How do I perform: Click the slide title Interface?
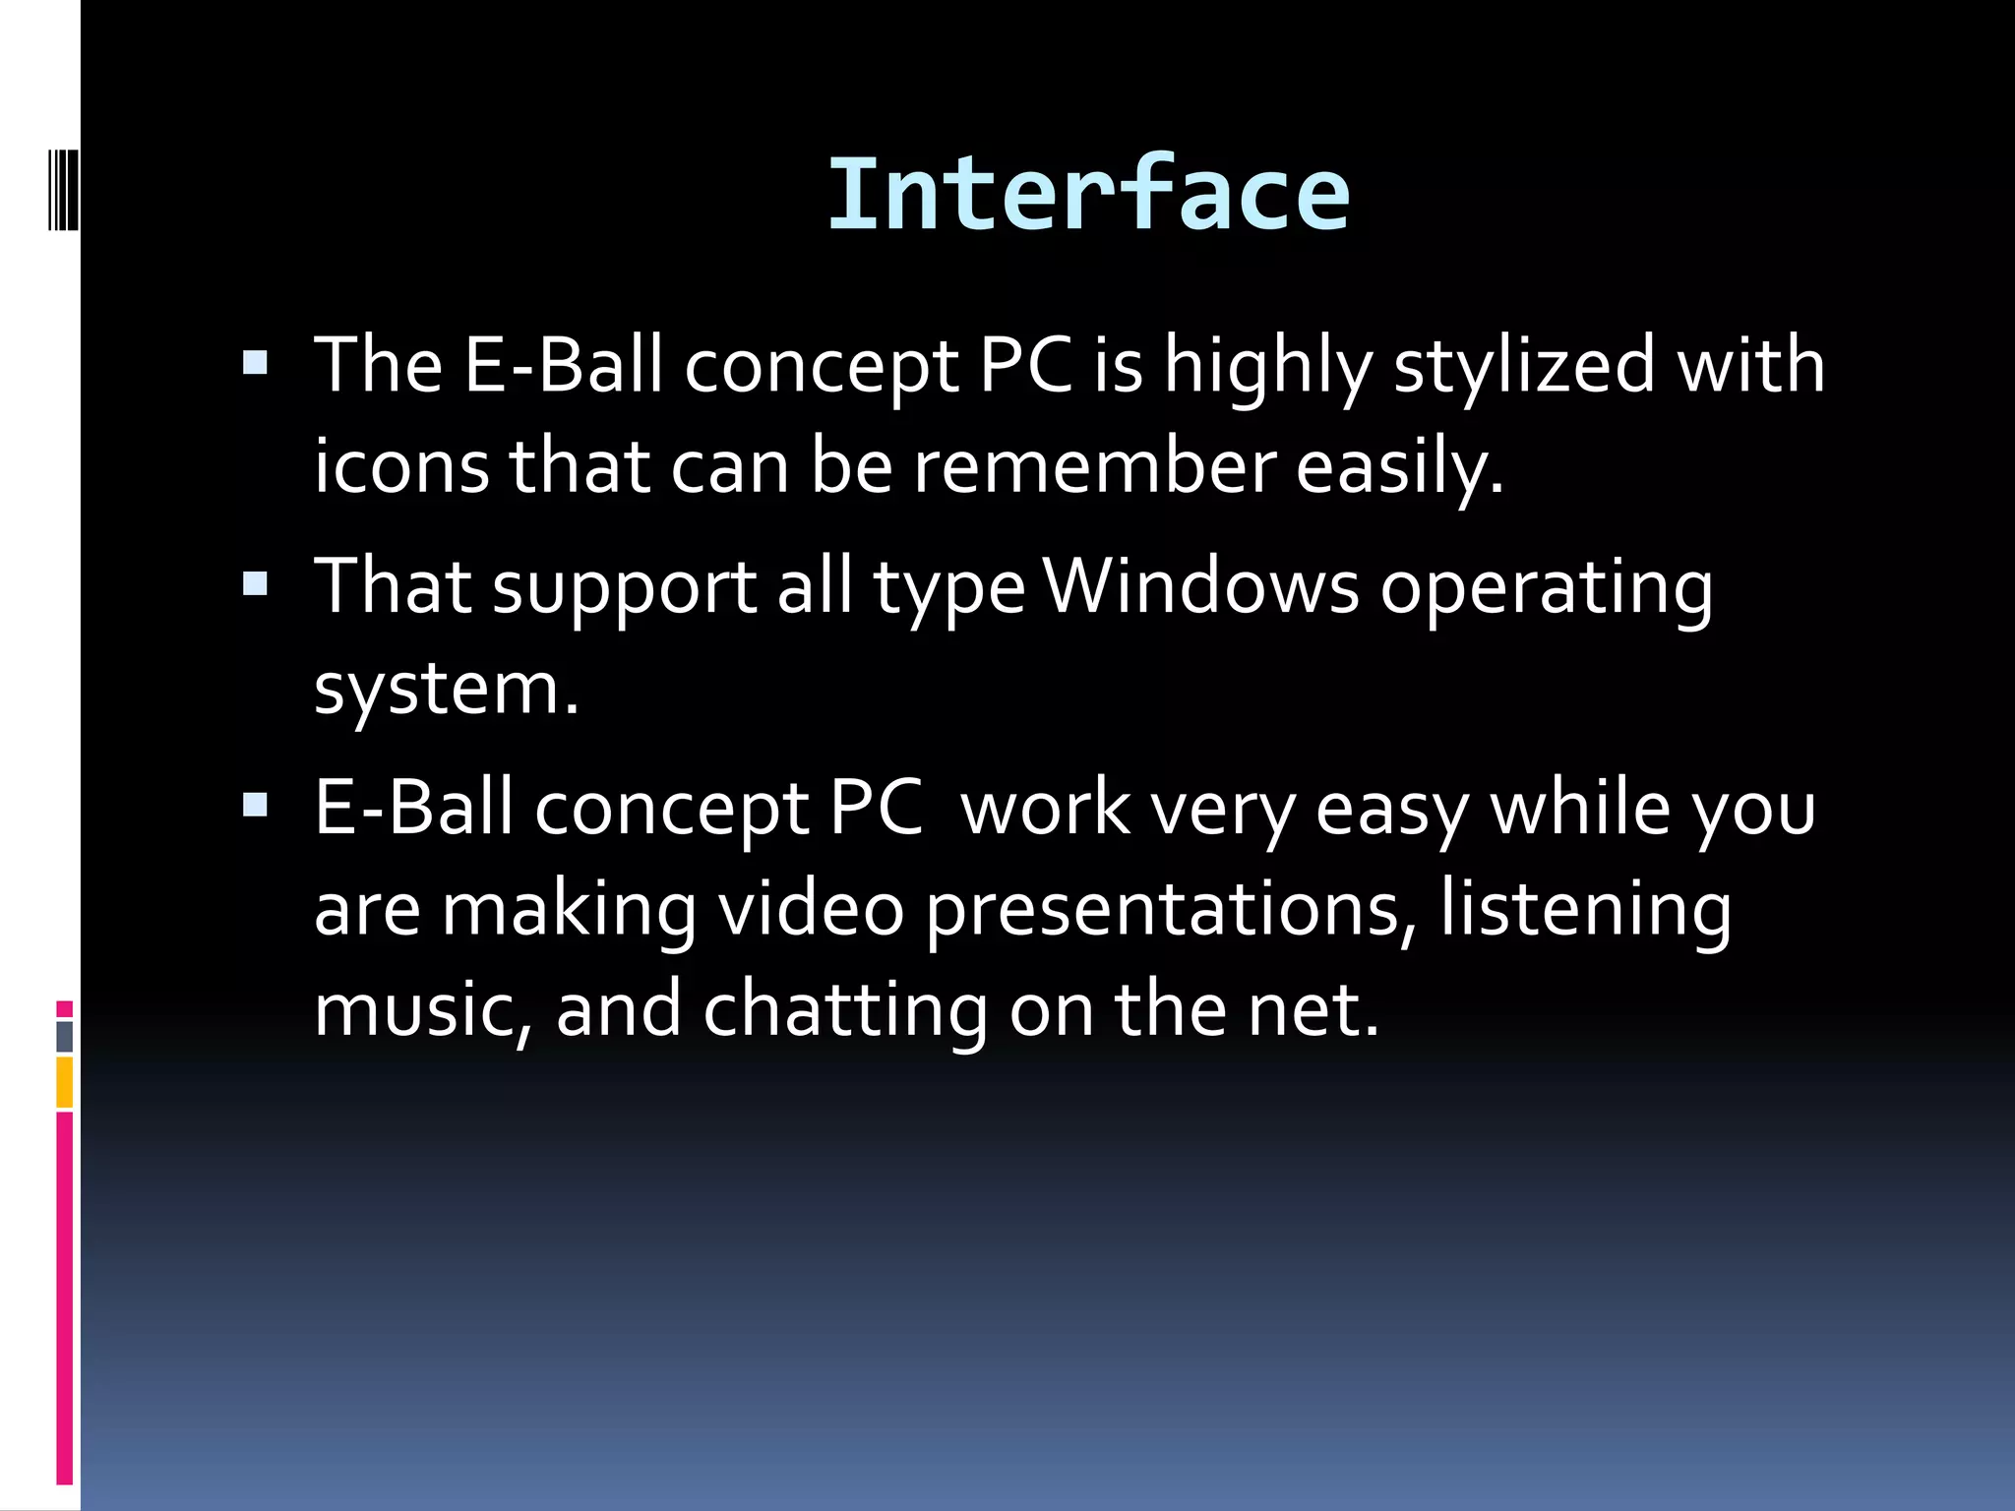tap(1088, 195)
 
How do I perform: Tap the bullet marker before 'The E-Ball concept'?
tap(255, 365)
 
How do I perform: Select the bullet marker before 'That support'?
tap(255, 585)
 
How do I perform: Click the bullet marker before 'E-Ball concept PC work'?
tap(255, 807)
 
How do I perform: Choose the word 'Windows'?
tap(1201, 587)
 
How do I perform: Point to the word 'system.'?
tap(447, 690)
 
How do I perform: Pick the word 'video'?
tap(811, 909)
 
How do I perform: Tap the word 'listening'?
tap(1586, 911)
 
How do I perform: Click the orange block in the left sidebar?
tap(65, 1082)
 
